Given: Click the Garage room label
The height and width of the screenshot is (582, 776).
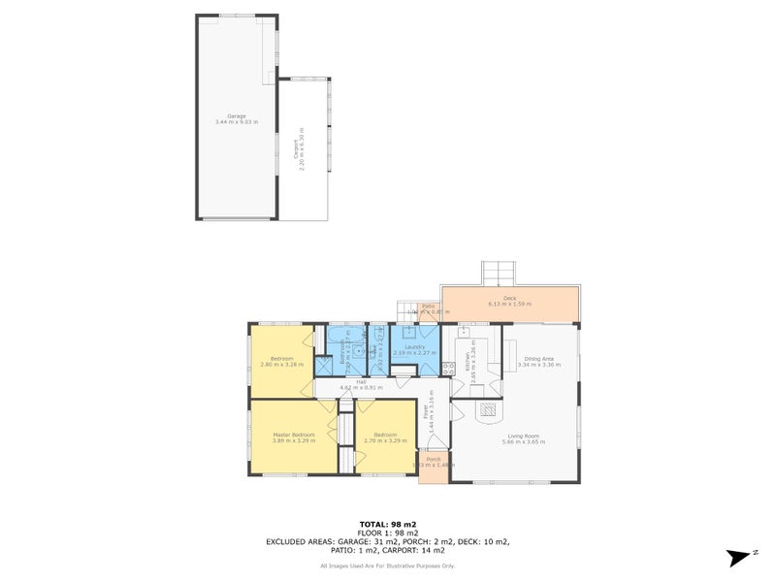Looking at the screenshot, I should [236, 116].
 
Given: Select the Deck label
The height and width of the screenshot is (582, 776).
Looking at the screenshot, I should [509, 299].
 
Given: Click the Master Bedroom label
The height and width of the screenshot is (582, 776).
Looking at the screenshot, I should [292, 435].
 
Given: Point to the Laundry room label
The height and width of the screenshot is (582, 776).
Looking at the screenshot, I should [416, 345].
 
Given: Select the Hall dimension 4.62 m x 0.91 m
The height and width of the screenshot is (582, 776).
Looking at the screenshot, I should [360, 388].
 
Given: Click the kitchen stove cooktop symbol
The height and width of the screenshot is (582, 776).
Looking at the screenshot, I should [448, 368].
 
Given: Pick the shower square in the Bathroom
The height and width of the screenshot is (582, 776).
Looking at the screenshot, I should [325, 365].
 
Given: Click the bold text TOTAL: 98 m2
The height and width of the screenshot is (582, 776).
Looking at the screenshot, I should [388, 524].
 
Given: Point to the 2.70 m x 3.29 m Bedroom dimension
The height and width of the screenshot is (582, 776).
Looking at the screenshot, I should [382, 440].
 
